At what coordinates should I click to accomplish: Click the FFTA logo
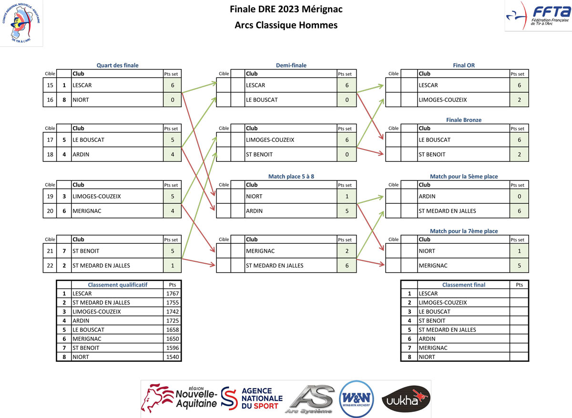(x=538, y=16)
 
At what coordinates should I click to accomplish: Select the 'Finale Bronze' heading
(x=464, y=120)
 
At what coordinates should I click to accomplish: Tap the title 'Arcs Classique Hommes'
(x=286, y=25)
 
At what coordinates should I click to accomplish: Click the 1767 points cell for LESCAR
(x=172, y=294)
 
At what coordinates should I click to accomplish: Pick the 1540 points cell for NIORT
(x=172, y=357)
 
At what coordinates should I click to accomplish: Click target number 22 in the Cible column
(x=50, y=266)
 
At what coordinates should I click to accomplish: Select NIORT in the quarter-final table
(x=81, y=100)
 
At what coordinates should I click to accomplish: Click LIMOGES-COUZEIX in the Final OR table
(x=443, y=100)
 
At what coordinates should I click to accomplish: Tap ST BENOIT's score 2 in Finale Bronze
(x=519, y=155)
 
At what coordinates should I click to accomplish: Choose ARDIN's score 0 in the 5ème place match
(x=519, y=196)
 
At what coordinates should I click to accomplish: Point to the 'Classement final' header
(x=463, y=285)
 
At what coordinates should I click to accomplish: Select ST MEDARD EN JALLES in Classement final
(x=447, y=329)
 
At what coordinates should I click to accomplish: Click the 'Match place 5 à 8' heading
(x=291, y=176)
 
